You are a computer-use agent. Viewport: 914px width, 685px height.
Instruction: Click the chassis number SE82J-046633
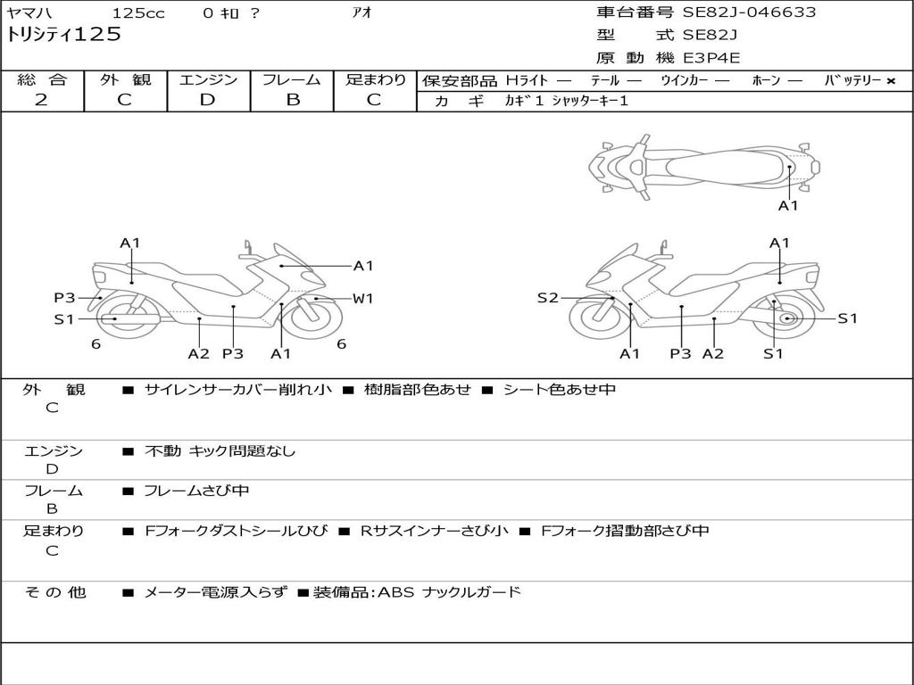pos(749,12)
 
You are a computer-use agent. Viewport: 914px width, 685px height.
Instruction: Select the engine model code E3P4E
pos(712,58)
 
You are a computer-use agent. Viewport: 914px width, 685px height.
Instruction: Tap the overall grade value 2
pos(41,100)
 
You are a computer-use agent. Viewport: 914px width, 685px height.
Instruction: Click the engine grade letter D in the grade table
pos(208,100)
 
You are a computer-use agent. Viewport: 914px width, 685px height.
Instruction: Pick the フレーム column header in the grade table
pos(292,79)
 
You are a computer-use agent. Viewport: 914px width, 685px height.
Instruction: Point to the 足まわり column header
pos(375,79)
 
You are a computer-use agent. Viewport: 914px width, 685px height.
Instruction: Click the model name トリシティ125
pos(64,35)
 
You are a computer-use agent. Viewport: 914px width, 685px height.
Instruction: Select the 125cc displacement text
pos(137,12)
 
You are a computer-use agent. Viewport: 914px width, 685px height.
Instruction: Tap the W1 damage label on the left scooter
pos(362,299)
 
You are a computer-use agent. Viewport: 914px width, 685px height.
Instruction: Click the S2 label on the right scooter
pos(547,298)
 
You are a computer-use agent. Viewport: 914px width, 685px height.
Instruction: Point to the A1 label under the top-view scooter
pos(788,206)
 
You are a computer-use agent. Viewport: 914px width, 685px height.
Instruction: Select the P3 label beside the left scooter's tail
pos(64,298)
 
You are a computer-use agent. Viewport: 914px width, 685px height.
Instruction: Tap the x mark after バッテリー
pos(890,80)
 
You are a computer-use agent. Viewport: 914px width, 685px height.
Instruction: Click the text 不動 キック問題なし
pos(220,451)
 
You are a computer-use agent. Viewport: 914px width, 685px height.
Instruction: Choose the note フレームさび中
pos(196,491)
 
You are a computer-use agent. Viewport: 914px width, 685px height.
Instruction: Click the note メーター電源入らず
pos(215,592)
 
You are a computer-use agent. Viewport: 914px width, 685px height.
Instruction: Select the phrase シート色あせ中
pos(560,390)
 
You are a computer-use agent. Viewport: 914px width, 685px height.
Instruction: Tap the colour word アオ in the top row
pos(361,12)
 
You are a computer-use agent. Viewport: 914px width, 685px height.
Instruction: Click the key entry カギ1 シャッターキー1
pos(566,101)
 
